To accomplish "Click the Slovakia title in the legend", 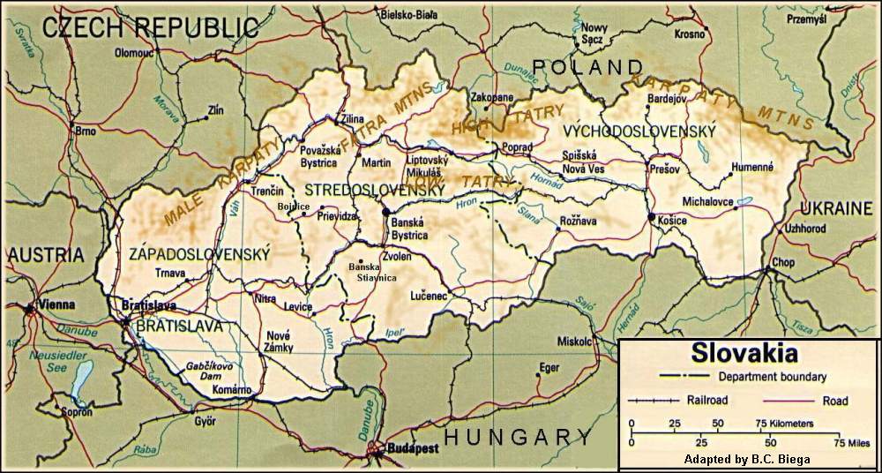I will (745, 355).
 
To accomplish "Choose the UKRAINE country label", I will (834, 208).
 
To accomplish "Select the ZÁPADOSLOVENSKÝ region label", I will (198, 254).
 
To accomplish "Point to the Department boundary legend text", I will (772, 377).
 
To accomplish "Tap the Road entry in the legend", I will (834, 401).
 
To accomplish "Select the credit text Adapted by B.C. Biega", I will (748, 460).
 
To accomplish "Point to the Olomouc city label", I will (135, 53).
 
